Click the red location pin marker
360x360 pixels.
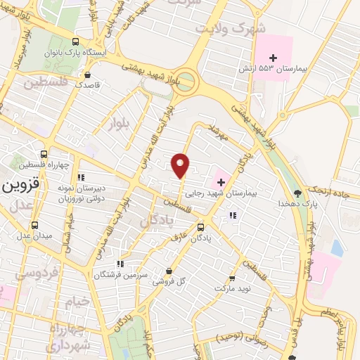point(181,165)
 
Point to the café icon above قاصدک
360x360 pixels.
point(86,75)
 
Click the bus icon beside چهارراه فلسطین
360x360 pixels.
point(45,153)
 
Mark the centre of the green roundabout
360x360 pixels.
point(188,81)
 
